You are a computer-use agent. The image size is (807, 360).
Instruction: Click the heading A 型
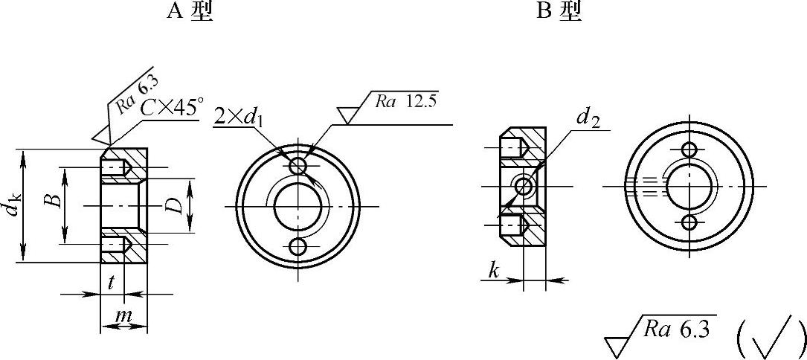pos(189,11)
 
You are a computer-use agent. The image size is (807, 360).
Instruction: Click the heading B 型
pos(559,11)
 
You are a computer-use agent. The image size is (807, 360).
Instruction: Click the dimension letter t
pos(111,284)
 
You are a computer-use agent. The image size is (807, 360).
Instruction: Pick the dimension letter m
pos(122,316)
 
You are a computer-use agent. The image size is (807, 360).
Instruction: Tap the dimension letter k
pos(494,271)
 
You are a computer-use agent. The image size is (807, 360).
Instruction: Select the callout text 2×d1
pos(239,118)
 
